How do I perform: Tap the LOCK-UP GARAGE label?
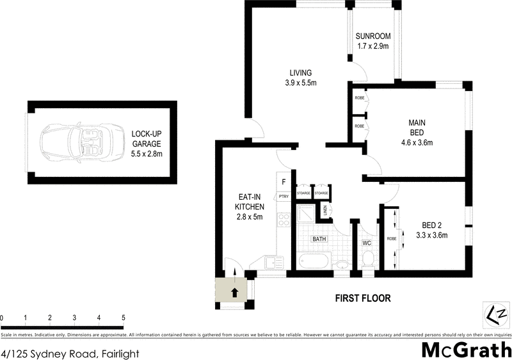click(147, 143)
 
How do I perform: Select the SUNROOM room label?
click(373, 40)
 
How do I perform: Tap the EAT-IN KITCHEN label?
click(250, 211)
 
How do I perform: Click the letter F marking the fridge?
click(284, 182)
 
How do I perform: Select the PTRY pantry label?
click(283, 197)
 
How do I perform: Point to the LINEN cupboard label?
click(325, 210)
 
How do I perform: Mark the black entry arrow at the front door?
click(234, 293)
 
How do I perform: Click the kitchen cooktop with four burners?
click(284, 220)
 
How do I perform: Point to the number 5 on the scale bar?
click(123, 318)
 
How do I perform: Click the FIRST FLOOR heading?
click(363, 299)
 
